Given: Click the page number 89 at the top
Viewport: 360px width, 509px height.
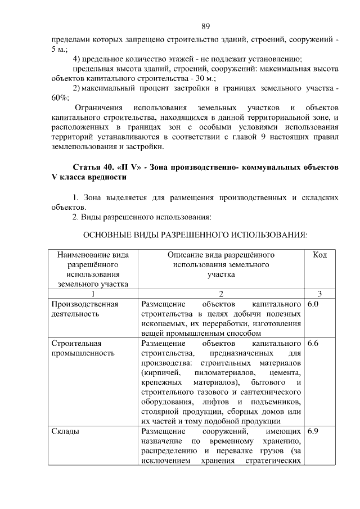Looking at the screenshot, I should pyautogui.click(x=205, y=26).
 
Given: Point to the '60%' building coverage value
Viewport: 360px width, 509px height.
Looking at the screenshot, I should pyautogui.click(x=59, y=97).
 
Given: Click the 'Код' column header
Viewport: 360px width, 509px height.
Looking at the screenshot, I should pyautogui.click(x=319, y=255).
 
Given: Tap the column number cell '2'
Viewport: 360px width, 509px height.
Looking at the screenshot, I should pyautogui.click(x=220, y=293).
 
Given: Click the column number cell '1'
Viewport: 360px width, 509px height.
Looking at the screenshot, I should pyautogui.click(x=93, y=293).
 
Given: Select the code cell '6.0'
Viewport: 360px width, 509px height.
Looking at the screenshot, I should pyautogui.click(x=314, y=304).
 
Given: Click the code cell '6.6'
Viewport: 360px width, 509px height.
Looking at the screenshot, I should pyautogui.click(x=314, y=343).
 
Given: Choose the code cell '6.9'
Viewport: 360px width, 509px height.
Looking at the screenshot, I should pyautogui.click(x=314, y=431).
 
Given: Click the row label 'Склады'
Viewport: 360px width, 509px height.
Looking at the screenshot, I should pyautogui.click(x=65, y=431).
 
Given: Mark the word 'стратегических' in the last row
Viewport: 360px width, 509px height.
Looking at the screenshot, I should pyautogui.click(x=274, y=461).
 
